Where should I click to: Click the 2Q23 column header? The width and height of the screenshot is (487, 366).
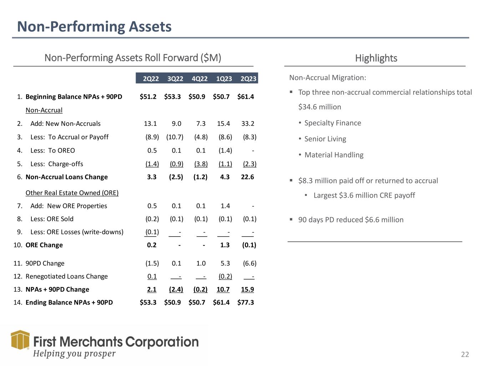[248, 79]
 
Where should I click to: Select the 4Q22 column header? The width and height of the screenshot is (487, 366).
[199, 79]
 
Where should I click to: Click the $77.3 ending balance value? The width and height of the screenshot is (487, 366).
[245, 302]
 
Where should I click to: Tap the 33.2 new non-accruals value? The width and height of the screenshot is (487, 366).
[248, 124]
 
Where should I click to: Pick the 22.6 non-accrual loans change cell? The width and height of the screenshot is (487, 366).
[248, 177]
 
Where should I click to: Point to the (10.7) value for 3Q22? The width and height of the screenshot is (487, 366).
[175, 137]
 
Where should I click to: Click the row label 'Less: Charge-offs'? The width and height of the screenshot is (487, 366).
[56, 164]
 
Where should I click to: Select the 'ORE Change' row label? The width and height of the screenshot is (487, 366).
[44, 245]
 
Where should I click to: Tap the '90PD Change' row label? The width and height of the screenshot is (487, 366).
[45, 263]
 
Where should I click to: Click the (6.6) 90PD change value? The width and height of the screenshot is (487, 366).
[249, 263]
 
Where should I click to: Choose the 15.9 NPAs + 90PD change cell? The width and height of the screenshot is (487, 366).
[248, 290]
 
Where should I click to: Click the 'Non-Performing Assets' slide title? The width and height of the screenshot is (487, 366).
[94, 26]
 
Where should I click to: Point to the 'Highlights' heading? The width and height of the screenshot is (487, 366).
[376, 58]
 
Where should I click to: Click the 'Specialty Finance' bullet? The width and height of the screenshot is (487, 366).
[333, 123]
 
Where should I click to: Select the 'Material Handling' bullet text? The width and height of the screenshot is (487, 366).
[334, 155]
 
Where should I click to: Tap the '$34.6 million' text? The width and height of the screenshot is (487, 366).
[320, 107]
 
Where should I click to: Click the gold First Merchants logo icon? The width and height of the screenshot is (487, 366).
[20, 340]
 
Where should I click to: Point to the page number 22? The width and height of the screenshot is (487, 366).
[465, 355]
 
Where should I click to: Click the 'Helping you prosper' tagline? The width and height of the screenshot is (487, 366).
[74, 353]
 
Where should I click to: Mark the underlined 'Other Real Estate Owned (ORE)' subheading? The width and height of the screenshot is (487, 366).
[72, 193]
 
